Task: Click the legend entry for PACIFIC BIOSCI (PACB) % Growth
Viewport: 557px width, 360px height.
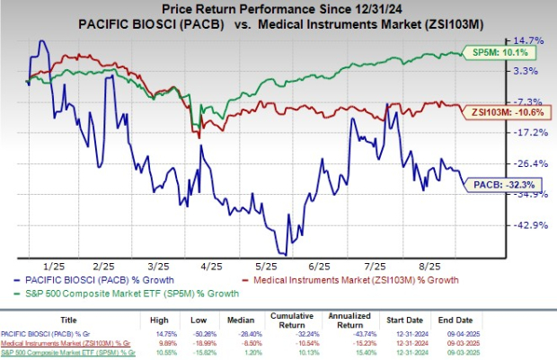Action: [x=107, y=280]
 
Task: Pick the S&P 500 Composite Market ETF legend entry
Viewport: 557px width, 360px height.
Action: [x=135, y=293]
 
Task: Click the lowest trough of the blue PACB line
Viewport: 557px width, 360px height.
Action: [x=283, y=256]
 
